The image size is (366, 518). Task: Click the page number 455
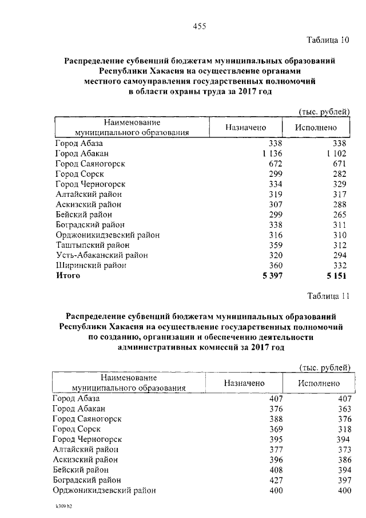[x=199, y=26]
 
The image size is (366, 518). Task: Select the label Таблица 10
[x=328, y=40]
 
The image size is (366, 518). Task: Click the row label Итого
[x=68, y=276]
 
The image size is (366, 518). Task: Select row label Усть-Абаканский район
[x=101, y=255]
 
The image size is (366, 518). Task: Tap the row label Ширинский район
[x=90, y=266]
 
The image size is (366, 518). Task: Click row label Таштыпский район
[x=92, y=245]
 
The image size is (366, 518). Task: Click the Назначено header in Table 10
[x=245, y=128]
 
